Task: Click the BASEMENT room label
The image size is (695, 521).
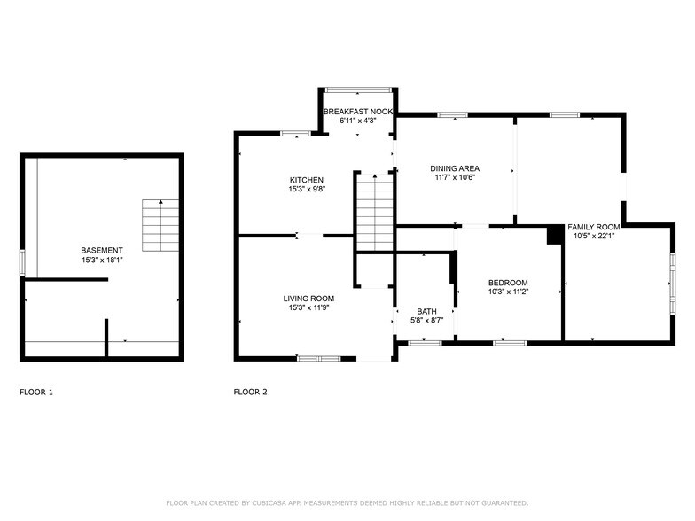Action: pyautogui.click(x=102, y=250)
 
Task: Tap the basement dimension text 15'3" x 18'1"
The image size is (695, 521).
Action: pyautogui.click(x=102, y=260)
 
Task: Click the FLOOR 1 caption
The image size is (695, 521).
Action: pyautogui.click(x=36, y=392)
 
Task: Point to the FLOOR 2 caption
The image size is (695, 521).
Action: pyautogui.click(x=250, y=392)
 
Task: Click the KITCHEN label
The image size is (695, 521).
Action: pyautogui.click(x=306, y=180)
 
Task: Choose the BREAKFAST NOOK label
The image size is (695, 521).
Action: pyautogui.click(x=357, y=112)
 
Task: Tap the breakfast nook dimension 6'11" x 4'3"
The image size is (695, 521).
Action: pyautogui.click(x=357, y=121)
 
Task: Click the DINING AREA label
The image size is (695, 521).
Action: pyautogui.click(x=455, y=167)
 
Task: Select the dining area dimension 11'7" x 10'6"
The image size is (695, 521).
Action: pyautogui.click(x=455, y=177)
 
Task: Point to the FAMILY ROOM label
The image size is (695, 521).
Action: pyautogui.click(x=594, y=227)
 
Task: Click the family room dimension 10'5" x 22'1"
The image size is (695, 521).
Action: pyautogui.click(x=594, y=236)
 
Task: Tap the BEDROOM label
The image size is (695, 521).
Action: pyautogui.click(x=508, y=283)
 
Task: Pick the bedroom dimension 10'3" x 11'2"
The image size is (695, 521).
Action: pyautogui.click(x=508, y=292)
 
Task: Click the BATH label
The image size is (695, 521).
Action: pyautogui.click(x=427, y=311)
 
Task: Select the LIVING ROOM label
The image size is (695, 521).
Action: pyautogui.click(x=308, y=299)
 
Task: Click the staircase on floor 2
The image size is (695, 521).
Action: pyautogui.click(x=374, y=213)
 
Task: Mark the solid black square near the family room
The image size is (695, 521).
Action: pyautogui.click(x=555, y=234)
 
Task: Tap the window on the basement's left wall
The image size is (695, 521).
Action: pyautogui.click(x=22, y=262)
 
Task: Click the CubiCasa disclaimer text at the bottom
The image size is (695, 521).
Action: pyautogui.click(x=347, y=502)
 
